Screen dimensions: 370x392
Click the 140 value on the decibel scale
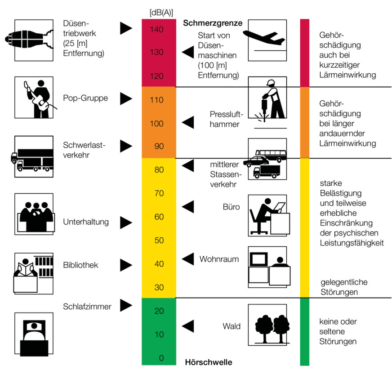(157, 30)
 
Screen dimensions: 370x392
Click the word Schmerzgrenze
(213, 23)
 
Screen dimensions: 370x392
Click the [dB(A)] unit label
(161, 12)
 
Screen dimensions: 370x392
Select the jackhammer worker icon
(268, 103)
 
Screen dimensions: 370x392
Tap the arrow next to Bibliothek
(125, 265)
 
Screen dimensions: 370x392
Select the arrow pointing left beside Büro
(187, 207)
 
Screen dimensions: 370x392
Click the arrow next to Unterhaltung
(125, 222)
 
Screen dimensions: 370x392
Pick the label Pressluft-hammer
(224, 119)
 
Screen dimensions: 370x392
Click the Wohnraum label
(219, 259)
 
